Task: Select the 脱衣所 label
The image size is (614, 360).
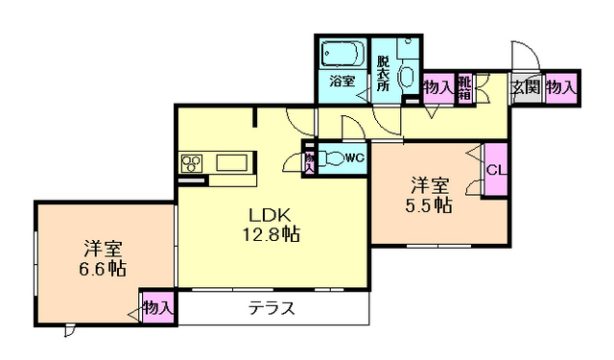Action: tap(383, 74)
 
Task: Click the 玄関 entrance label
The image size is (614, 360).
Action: tap(526, 87)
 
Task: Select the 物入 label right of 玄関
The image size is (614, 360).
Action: tap(561, 87)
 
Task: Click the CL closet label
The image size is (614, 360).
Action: tap(496, 170)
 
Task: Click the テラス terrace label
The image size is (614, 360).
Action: tap(271, 308)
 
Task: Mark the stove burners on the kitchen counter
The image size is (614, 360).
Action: tap(190, 162)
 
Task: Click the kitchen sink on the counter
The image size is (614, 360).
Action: tap(232, 161)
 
